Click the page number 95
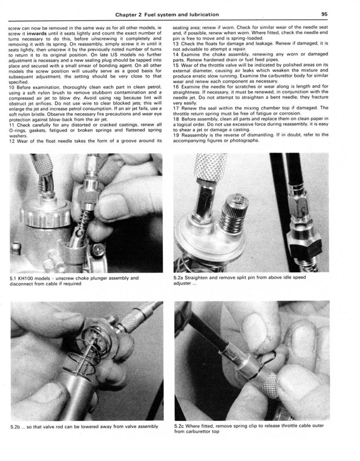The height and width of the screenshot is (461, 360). pos(325,14)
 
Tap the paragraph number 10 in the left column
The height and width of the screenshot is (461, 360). pos(12,87)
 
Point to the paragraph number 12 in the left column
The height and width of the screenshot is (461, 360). pos(12,140)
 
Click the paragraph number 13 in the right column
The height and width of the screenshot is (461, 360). pos(176,44)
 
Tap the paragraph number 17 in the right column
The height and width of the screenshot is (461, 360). pos(176,108)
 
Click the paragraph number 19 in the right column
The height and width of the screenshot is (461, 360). pos(176,135)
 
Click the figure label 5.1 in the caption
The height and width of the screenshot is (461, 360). pos(13,278)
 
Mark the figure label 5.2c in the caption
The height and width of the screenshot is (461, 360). pos(179,426)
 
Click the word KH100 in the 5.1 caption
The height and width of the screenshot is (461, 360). pos(26,278)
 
